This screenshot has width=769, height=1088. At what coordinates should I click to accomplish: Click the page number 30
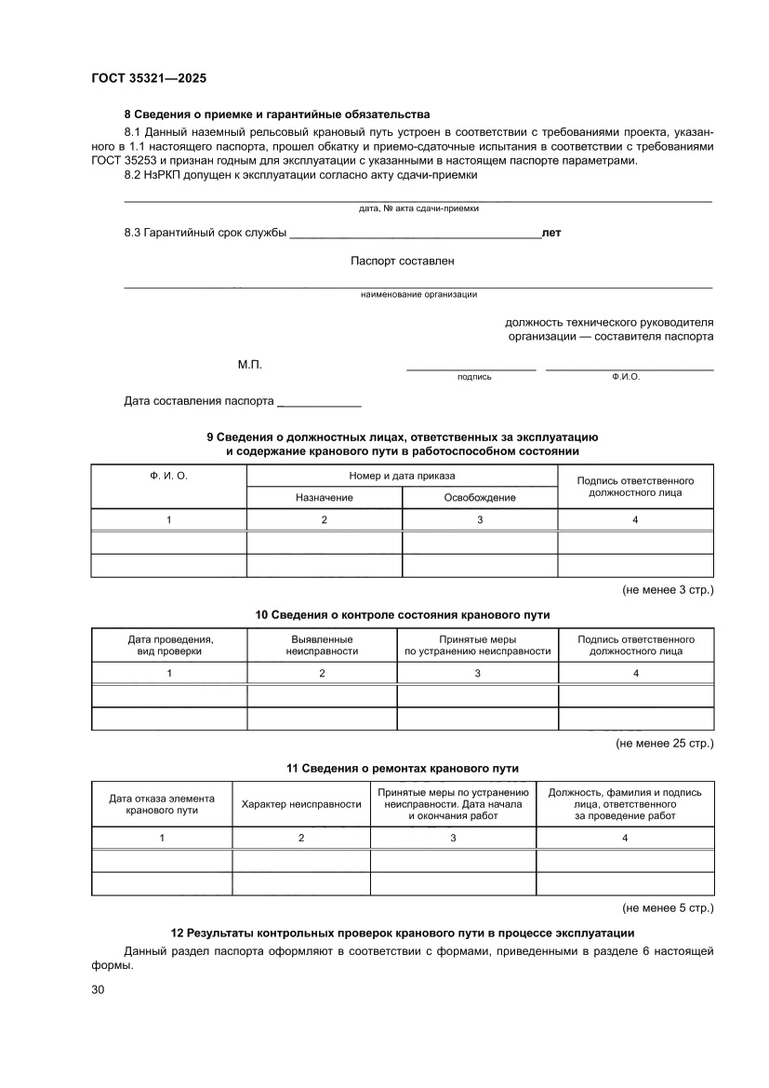tap(99, 989)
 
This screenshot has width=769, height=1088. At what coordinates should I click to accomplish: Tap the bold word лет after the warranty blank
tap(551, 234)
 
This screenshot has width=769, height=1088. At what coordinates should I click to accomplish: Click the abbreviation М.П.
tap(250, 365)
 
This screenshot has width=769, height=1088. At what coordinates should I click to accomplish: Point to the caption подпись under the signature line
tap(474, 377)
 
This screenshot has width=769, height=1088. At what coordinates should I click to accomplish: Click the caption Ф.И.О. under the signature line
tap(626, 377)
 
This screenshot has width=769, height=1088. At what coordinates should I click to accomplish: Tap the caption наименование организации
tap(418, 294)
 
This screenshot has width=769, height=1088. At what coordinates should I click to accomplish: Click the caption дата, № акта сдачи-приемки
tap(418, 208)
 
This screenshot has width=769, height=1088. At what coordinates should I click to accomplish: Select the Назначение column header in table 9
tap(324, 498)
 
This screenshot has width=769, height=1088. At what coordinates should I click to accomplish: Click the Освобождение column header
tap(480, 498)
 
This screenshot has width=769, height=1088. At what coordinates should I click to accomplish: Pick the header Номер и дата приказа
tap(402, 476)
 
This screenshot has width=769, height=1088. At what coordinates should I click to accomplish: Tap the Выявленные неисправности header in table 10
tap(322, 645)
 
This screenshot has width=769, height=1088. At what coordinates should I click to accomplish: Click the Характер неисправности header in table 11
tap(301, 803)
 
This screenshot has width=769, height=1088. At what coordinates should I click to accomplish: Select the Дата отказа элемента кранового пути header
tap(162, 804)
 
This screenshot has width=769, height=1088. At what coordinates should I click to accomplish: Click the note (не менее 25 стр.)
tap(665, 744)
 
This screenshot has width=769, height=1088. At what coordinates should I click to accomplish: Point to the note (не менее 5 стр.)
tap(668, 907)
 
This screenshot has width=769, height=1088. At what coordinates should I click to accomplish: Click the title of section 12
tap(403, 933)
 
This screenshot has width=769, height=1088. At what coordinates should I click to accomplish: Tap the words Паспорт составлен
tap(403, 262)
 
